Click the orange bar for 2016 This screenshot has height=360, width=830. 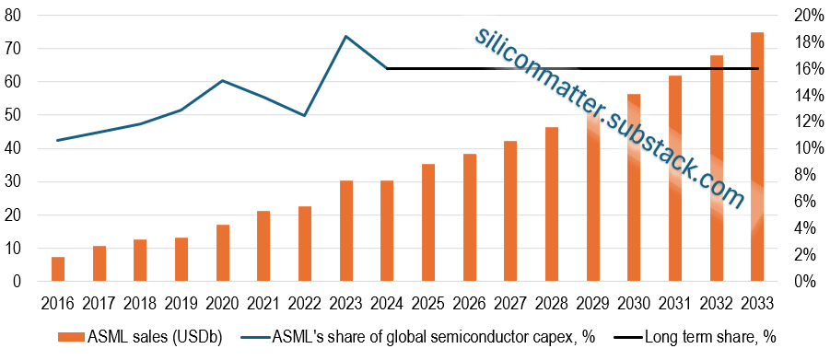pos(58,269)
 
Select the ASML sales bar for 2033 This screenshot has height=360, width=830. pos(757,157)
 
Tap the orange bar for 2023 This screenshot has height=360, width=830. pos(345,231)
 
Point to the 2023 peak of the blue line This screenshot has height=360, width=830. pos(345,37)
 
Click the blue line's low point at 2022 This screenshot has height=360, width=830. pos(305,116)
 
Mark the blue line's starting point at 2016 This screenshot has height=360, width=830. pos(58,140)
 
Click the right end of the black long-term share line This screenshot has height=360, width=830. pos(757,68)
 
